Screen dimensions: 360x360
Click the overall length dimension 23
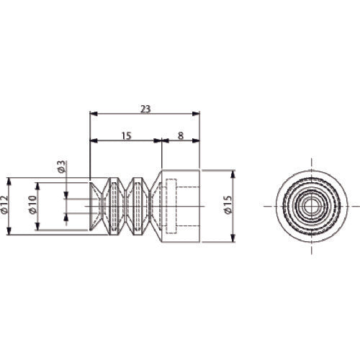tap(145, 109)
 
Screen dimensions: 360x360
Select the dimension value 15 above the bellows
tap(126, 136)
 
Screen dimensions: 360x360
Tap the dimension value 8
tap(181, 136)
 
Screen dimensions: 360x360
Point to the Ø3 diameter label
tap(61, 167)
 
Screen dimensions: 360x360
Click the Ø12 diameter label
tap(4, 204)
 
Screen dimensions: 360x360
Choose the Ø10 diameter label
tap(32, 204)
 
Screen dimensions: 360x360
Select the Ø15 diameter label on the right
tap(228, 204)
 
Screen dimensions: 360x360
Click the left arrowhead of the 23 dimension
tap(94, 114)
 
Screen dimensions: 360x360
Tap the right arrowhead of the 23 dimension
tap(196, 114)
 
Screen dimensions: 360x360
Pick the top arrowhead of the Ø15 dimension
tap(233, 174)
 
